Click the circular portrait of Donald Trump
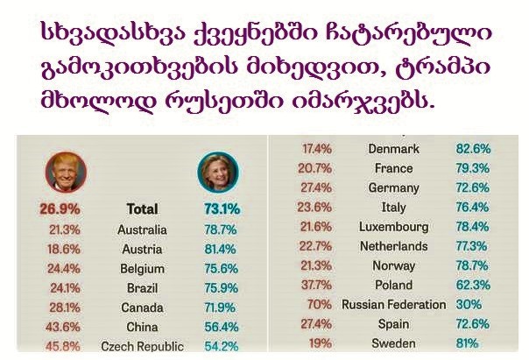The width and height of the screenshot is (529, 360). (x=58, y=169)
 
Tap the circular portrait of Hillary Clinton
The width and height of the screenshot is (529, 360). (x=214, y=169)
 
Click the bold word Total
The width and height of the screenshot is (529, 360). (x=142, y=209)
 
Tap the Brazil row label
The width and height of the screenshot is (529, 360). (x=142, y=288)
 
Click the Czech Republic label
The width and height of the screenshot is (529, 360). (x=142, y=346)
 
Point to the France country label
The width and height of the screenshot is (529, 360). (x=392, y=168)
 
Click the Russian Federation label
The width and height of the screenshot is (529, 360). (x=393, y=305)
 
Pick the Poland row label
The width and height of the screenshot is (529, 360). (x=392, y=286)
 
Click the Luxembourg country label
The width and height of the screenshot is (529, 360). (x=392, y=227)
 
